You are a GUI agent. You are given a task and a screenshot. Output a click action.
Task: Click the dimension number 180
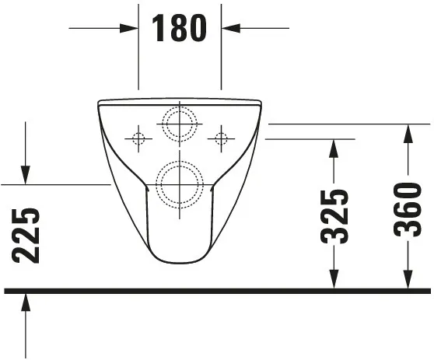[x=180, y=28]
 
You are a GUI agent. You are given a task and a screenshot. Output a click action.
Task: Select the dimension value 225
[x=26, y=236]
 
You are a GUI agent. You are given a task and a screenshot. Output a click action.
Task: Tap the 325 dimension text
[x=334, y=215]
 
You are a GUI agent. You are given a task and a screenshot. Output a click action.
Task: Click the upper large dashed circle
[x=179, y=123]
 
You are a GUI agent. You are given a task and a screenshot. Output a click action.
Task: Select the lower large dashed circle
[x=179, y=183]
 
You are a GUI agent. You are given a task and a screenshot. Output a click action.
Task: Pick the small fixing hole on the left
[x=138, y=139]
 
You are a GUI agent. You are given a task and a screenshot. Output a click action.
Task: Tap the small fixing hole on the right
[x=221, y=139]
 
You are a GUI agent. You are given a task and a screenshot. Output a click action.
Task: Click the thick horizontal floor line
[x=217, y=292]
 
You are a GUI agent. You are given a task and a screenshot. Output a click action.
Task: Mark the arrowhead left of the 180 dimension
[x=130, y=28]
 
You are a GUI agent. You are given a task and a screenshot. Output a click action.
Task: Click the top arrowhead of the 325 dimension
[x=334, y=147]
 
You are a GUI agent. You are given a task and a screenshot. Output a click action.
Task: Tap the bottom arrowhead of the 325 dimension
[x=334, y=281]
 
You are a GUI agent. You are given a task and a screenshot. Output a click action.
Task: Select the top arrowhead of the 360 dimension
[x=407, y=131]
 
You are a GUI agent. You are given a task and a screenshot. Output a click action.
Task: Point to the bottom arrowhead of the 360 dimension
[x=407, y=281]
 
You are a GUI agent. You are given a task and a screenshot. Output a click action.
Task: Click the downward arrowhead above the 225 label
[x=26, y=177]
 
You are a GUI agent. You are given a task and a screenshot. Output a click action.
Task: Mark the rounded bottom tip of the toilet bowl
[x=178, y=261]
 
